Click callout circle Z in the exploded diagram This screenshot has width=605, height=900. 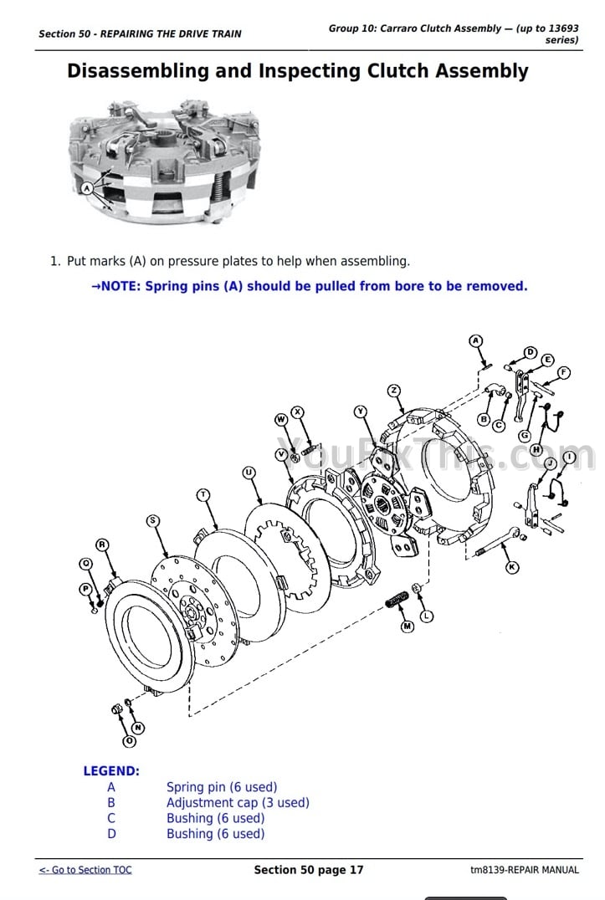coord(394,391)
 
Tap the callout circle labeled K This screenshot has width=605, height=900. coord(512,567)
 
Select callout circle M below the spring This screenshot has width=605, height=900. coord(408,626)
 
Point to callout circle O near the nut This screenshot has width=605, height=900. coord(129,741)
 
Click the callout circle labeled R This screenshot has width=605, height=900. coord(101,545)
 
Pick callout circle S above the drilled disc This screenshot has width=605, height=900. coord(152,520)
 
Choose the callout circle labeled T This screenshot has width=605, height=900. coord(203,494)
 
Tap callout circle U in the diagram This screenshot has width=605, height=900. coord(249,473)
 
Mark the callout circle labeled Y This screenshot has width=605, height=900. coord(361,411)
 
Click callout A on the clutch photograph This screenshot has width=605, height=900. coord(86,188)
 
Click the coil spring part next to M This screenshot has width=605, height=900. coord(397,600)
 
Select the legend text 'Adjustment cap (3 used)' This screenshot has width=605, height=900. coord(238,803)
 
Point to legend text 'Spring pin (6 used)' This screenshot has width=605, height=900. coord(222,787)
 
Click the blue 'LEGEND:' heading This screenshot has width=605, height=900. coord(111,771)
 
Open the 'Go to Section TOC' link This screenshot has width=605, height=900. coord(85,870)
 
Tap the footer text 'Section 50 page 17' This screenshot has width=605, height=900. coord(309,870)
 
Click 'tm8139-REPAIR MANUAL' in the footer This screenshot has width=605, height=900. coord(524,870)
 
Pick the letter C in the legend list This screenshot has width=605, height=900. coord(111,819)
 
